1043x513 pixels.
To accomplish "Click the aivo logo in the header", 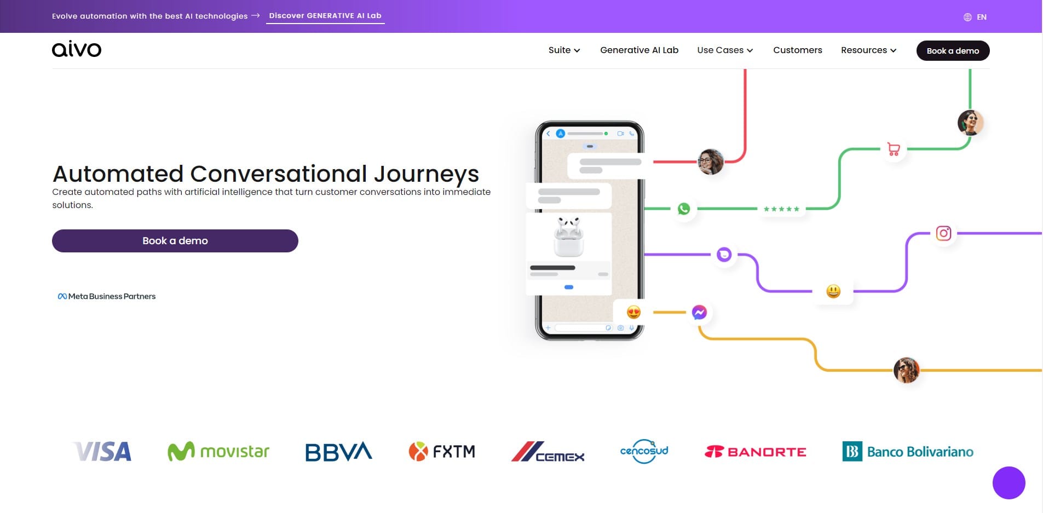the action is click(77, 49).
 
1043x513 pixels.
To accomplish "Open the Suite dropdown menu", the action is click(564, 50).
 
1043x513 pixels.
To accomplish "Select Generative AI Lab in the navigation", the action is click(639, 50).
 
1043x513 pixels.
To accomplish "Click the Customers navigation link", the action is click(797, 50).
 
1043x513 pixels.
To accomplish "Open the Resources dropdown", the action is click(868, 50).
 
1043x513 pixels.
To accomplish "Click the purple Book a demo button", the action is click(175, 241).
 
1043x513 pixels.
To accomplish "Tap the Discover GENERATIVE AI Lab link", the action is click(325, 16).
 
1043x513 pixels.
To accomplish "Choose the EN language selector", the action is click(975, 17).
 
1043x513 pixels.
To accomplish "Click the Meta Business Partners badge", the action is click(107, 296).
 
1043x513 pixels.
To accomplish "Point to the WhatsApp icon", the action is click(684, 209).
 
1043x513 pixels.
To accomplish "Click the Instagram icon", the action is click(943, 233).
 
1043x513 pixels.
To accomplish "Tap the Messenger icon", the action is click(699, 312).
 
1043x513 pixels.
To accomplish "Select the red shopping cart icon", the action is click(894, 149).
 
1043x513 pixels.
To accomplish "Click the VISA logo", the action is click(102, 452).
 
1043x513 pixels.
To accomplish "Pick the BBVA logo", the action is click(338, 452).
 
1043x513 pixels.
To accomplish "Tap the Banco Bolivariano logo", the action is click(908, 452).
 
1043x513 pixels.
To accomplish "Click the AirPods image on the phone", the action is click(569, 237).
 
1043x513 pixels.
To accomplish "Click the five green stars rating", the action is click(781, 209).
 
